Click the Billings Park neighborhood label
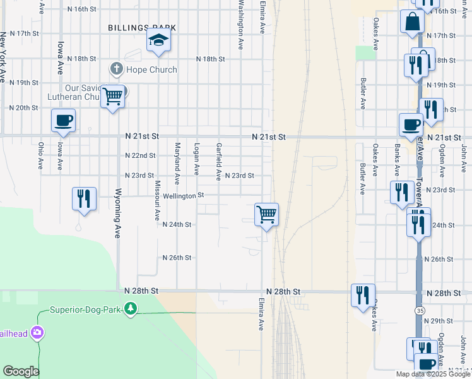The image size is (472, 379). (141, 28)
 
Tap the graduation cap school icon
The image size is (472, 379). (159, 42)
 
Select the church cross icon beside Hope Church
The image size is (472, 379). (115, 68)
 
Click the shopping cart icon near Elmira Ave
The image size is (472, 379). (266, 215)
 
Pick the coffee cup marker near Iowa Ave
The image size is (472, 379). (63, 120)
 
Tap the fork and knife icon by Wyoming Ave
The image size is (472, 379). (84, 199)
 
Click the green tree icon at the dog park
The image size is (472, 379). (131, 309)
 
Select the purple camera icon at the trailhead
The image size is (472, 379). (38, 332)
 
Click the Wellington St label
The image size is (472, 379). (183, 196)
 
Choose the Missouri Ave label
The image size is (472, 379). (158, 201)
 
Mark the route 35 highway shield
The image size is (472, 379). (420, 311)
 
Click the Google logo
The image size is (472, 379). (21, 371)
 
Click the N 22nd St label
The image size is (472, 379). (140, 155)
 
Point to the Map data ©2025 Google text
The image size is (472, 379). (434, 374)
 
